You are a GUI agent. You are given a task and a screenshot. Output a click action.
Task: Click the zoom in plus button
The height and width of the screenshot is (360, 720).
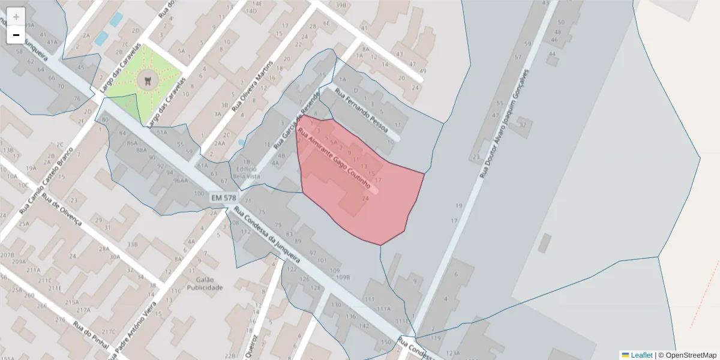pos(16,17)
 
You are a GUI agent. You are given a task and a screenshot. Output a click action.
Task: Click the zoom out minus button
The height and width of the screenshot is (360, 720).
pos(16,35)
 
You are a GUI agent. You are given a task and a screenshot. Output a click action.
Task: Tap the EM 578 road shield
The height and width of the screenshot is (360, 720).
pos(224,197)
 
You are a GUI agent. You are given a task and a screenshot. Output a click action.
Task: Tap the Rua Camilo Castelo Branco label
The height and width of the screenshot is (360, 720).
pos(46,180)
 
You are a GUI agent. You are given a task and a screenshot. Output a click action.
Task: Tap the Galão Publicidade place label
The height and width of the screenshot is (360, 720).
pos(205,283)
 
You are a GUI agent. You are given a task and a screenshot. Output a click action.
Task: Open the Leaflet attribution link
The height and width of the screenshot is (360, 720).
pos(641,355)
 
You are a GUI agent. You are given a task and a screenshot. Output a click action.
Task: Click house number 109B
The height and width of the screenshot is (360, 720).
pos(343,277)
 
